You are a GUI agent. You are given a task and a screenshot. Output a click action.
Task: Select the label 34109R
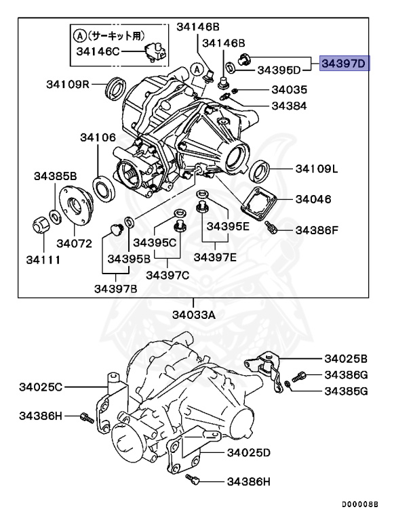pyautogui.click(x=68, y=84)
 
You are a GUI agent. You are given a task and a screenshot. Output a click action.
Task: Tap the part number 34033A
pyautogui.click(x=193, y=314)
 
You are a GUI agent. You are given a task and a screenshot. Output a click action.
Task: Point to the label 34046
pyautogui.click(x=313, y=200)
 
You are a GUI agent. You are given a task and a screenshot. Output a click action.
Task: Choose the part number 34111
pyautogui.click(x=43, y=259)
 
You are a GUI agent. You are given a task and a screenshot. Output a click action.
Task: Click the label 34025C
pyautogui.click(x=41, y=387)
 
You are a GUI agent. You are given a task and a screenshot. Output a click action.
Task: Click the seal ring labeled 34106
pyautogui.click(x=103, y=187)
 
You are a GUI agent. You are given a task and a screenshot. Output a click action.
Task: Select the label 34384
pyautogui.click(x=289, y=106)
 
